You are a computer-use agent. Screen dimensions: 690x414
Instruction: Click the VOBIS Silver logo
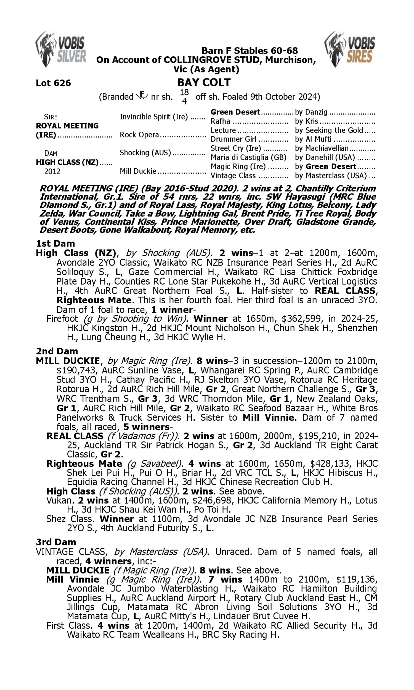61,49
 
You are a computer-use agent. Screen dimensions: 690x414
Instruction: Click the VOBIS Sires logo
350,49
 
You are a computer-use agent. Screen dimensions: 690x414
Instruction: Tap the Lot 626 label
53,83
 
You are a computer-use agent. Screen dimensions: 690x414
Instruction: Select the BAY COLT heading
204,83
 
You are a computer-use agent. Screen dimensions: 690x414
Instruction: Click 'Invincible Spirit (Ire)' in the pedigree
154,116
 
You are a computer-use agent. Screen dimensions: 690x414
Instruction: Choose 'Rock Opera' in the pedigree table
139,135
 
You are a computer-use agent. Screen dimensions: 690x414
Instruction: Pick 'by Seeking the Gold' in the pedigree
329,130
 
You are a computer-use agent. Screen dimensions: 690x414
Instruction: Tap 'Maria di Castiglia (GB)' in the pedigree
248,157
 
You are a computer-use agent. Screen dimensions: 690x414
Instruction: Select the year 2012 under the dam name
52,171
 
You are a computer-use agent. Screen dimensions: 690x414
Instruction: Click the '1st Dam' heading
55,243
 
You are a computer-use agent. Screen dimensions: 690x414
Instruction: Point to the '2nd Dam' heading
57,351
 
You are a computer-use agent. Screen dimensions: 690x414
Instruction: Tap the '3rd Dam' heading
56,542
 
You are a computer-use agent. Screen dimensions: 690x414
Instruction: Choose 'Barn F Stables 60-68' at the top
250,51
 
